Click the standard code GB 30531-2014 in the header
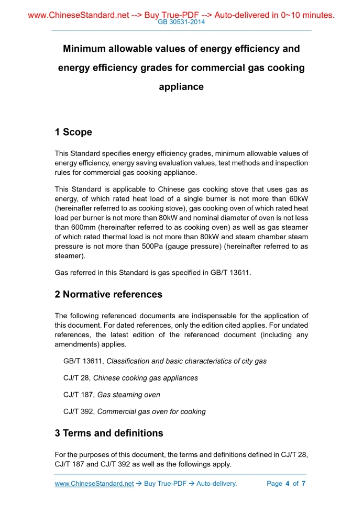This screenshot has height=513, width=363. coord(181,22)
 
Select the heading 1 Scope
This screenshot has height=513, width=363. coord(73,132)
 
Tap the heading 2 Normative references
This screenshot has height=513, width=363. coord(108,294)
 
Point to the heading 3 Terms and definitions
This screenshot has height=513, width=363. coord(109,433)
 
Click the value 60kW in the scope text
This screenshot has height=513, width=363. coord(297,198)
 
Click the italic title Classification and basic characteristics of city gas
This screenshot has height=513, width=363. coord(186,361)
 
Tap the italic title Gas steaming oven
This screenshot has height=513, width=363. coord(129,395)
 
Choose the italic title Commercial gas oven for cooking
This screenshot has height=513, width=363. coord(151,411)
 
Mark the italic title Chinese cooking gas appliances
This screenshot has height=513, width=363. coord(146,378)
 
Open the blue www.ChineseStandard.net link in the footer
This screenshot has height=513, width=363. coord(94,484)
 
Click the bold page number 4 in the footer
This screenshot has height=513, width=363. coord(287,484)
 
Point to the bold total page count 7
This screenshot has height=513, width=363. coord(303,484)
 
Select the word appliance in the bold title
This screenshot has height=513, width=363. coord(181,87)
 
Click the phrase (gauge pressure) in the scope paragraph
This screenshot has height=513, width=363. coord(194,247)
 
